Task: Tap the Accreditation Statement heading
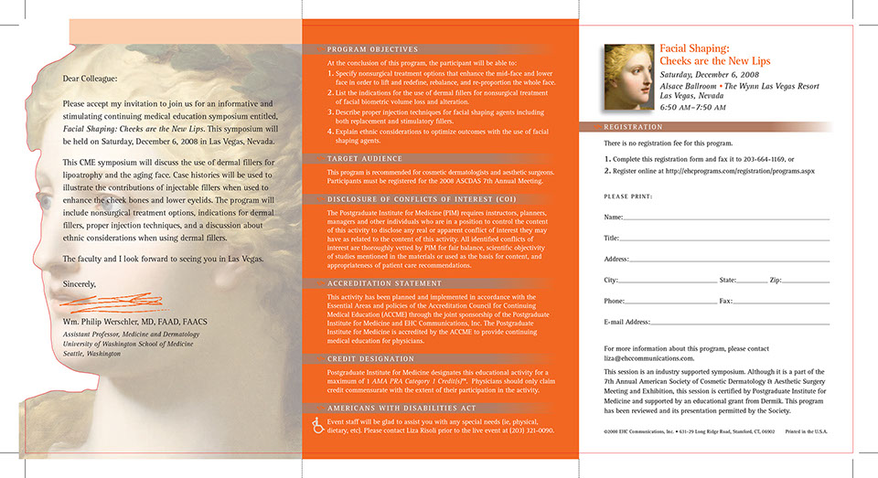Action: coord(371,283)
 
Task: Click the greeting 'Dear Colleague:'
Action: coord(91,80)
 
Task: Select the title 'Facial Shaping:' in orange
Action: coord(694,48)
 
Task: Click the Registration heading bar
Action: coord(634,128)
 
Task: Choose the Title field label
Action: coord(612,239)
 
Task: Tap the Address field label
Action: coord(616,260)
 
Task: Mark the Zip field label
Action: coord(775,280)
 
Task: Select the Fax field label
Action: coord(725,301)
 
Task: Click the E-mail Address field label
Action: coord(626,323)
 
